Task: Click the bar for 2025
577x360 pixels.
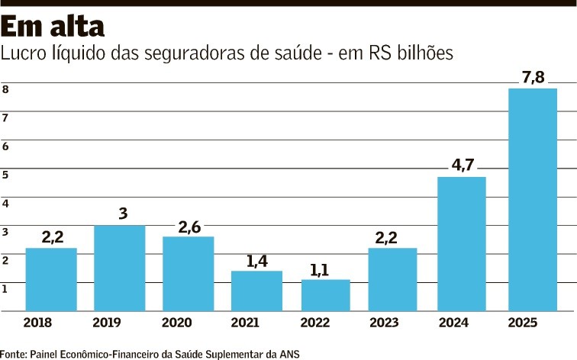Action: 532,200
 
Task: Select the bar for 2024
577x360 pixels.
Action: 461,244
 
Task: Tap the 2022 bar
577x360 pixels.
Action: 325,295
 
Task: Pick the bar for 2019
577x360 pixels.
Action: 119,268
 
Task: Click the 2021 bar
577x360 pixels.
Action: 256,291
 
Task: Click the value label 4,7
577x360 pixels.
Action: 461,164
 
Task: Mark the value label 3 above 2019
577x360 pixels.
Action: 121,213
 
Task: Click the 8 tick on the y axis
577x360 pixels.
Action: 5,89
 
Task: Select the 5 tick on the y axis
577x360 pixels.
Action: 5,175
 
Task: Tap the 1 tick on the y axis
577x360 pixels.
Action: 5,288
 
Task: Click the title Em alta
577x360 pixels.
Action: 53,27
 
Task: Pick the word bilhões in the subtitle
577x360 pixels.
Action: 424,53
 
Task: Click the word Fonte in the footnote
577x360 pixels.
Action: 13,353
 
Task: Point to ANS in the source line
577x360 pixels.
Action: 291,353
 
